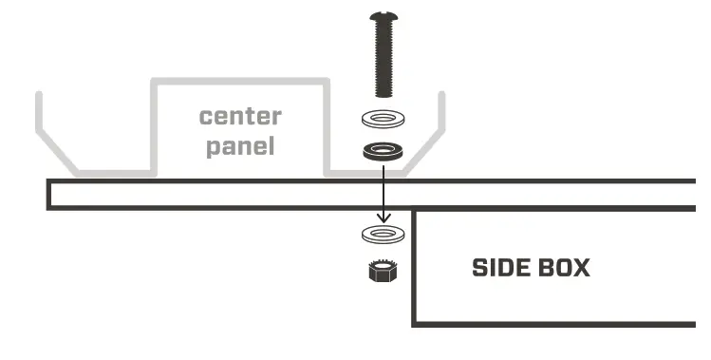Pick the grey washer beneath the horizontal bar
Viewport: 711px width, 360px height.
382,234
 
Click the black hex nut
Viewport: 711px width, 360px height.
382,270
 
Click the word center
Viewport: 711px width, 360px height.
240,117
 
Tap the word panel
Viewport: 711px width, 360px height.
240,146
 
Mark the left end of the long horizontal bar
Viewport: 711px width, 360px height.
50,194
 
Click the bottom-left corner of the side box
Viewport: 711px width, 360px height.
414,324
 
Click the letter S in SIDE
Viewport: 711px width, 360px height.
479,268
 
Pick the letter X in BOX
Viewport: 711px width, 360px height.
581,268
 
